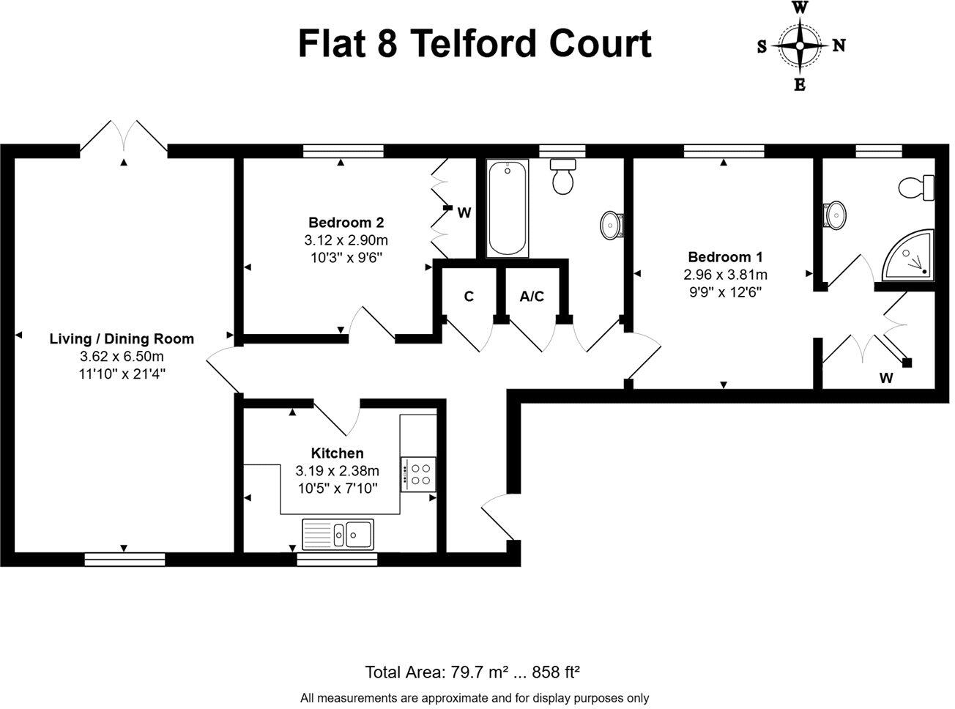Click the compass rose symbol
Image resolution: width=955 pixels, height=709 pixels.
pos(800,45)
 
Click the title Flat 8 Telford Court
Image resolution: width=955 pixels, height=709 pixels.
pos(474,44)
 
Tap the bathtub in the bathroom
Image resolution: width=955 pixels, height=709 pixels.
pos(507,209)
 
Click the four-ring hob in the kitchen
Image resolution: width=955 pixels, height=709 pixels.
pos(419,473)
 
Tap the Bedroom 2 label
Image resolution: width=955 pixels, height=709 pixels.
pos(346,223)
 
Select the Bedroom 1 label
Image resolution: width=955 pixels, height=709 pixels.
pos(725,257)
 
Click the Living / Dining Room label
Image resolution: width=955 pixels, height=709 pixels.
pos(122,338)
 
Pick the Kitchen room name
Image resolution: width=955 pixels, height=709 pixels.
pos(337,453)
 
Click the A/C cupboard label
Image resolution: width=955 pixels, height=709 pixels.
pos(532,297)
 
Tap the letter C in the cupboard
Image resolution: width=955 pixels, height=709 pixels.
pos(469,297)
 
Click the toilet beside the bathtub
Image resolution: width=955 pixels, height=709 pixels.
pos(563,176)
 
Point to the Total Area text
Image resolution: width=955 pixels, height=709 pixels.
pos(473,672)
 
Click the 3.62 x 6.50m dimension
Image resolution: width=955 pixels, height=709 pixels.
pos(122,357)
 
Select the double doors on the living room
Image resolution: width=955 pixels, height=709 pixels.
pos(124,138)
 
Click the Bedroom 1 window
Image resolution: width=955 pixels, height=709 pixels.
pos(724,151)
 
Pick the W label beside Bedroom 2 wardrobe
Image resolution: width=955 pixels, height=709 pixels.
pos(464,213)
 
